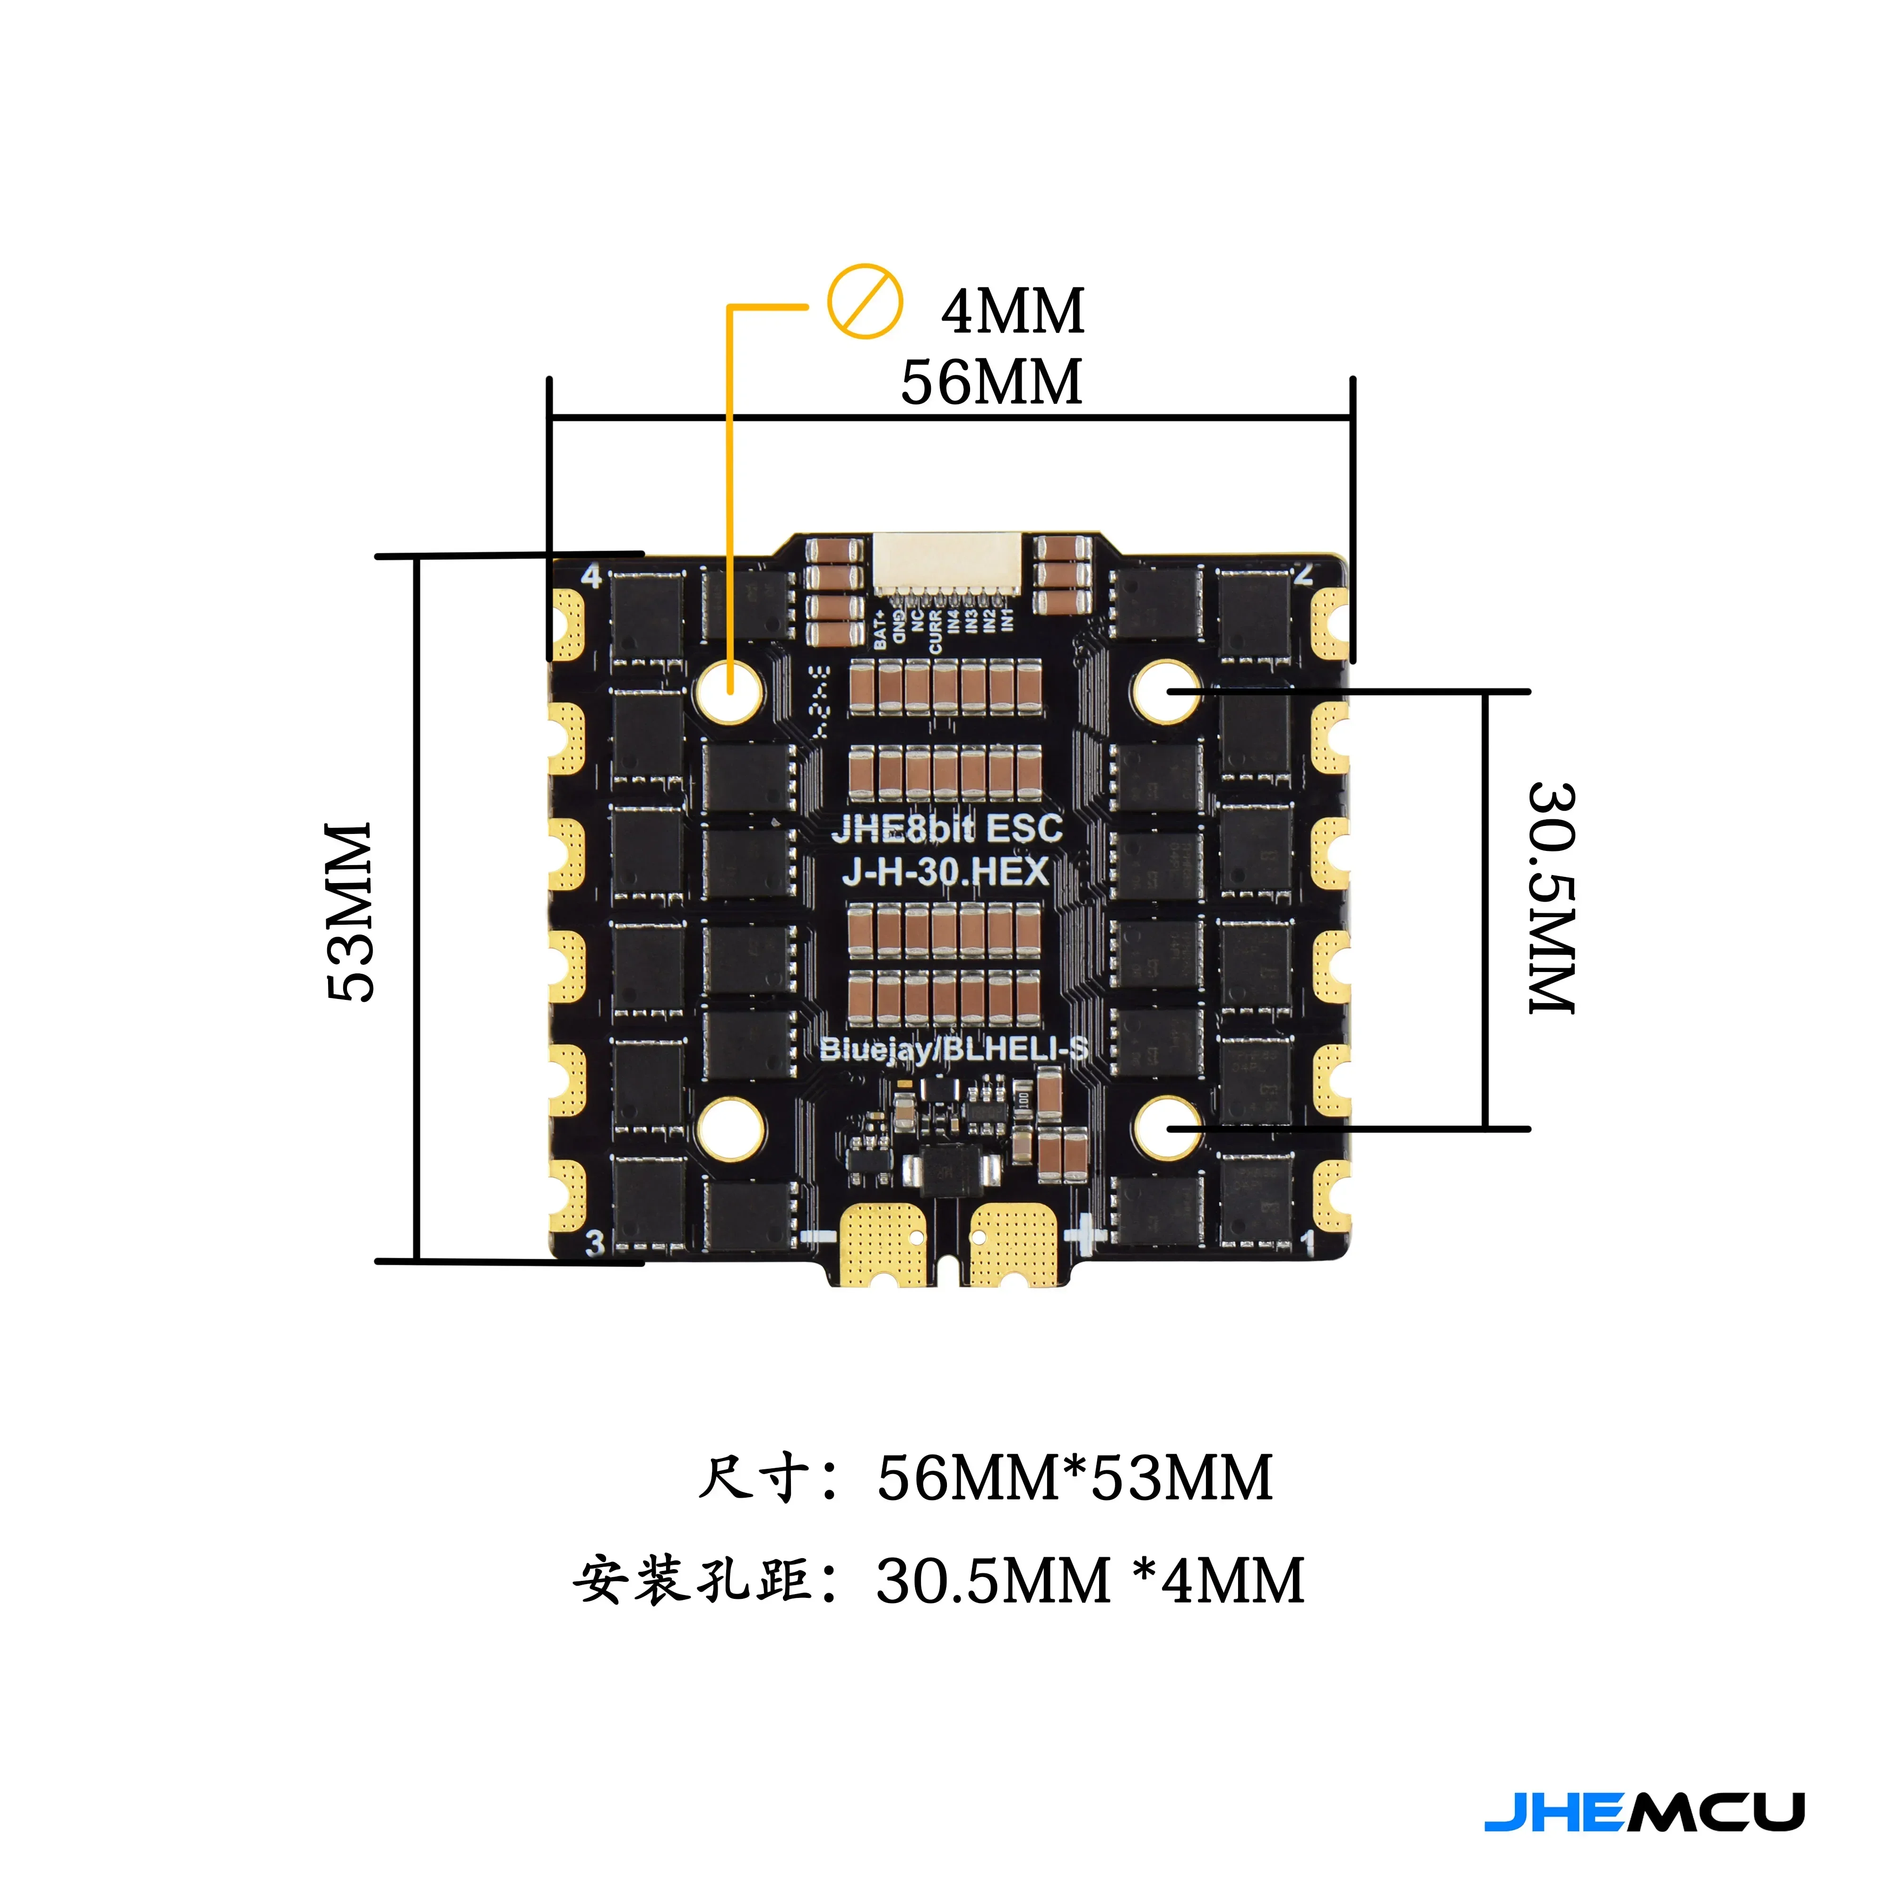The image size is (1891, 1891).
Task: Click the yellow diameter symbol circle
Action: click(865, 302)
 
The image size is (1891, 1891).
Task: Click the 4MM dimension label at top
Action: click(1013, 311)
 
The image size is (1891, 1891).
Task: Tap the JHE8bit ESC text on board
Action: click(946, 828)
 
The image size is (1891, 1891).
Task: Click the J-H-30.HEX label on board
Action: click(945, 871)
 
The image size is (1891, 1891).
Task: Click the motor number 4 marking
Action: click(591, 575)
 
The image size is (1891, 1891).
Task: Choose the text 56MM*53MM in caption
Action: click(1075, 1478)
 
